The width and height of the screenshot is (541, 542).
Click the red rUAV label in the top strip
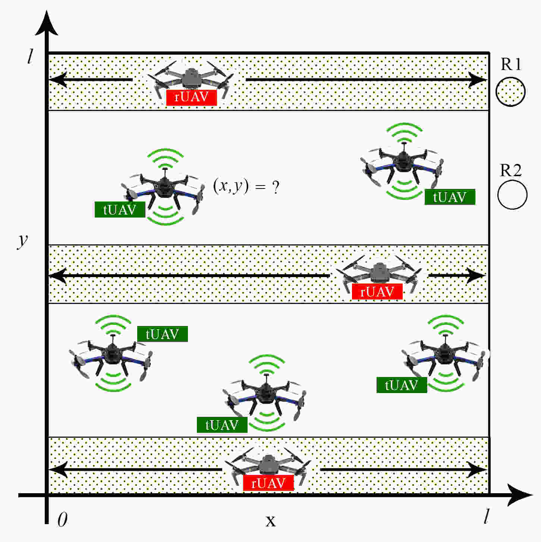point(191,98)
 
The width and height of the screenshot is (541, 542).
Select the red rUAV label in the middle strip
point(377,292)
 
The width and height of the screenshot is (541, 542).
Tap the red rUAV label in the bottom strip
point(268,483)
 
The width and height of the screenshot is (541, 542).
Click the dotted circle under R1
point(510,92)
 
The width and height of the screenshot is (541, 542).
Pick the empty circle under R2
point(512,195)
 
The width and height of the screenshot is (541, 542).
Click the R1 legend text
point(511,64)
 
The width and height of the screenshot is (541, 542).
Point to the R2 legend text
point(510,170)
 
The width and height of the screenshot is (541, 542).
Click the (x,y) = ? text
point(246,186)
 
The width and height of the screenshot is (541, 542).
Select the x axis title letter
point(270,520)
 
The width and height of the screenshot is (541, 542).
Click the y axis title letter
point(23,240)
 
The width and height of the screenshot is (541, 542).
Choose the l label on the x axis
point(486,517)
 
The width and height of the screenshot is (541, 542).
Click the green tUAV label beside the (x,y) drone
point(120,210)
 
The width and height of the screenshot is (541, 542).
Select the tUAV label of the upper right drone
point(450,197)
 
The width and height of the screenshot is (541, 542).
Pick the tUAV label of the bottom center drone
point(222,425)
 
